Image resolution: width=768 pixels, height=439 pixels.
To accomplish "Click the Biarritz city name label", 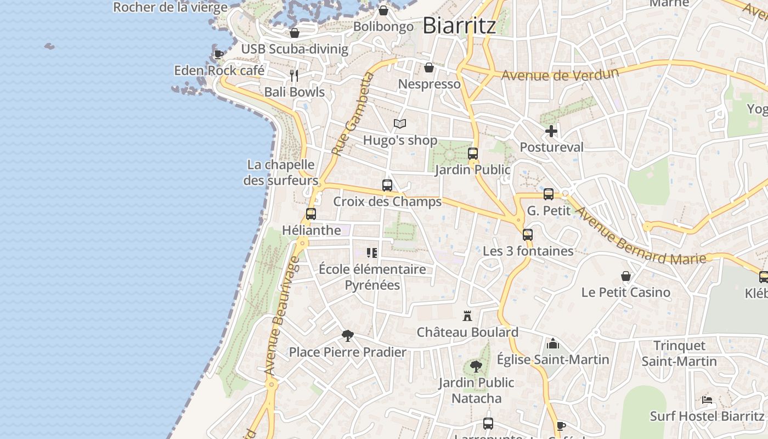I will [x=460, y=26].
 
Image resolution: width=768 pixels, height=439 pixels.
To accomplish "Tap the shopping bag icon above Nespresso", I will [x=429, y=67].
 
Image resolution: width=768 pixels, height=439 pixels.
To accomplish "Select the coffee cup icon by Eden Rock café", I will [x=218, y=54].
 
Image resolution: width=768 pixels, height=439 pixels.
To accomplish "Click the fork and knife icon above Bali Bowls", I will [x=294, y=75].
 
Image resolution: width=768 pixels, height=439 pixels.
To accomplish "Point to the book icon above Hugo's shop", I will [x=400, y=124].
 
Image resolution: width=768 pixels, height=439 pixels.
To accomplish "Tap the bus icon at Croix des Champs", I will [x=387, y=185].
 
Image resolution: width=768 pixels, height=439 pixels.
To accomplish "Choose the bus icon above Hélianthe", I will [x=311, y=214].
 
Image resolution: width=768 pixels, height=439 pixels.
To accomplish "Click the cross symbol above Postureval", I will [x=551, y=131].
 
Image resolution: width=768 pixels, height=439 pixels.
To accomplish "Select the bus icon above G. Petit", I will [x=549, y=194].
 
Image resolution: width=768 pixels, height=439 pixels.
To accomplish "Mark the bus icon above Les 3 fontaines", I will [x=528, y=235].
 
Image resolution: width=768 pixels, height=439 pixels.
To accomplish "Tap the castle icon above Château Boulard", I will [x=467, y=316].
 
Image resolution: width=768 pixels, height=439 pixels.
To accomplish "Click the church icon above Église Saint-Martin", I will [x=553, y=344].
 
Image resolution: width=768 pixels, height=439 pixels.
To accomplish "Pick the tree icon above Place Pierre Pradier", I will [x=347, y=335].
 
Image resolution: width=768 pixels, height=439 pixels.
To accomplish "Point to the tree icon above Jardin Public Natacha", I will [x=476, y=366].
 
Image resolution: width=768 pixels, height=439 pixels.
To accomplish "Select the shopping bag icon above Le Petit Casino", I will [x=626, y=276].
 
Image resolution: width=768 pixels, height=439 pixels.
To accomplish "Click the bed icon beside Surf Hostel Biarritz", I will [x=707, y=400].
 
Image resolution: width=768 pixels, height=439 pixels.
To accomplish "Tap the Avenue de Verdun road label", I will [x=560, y=74].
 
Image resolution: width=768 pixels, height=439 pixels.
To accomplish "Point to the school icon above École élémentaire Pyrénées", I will [x=372, y=253].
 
